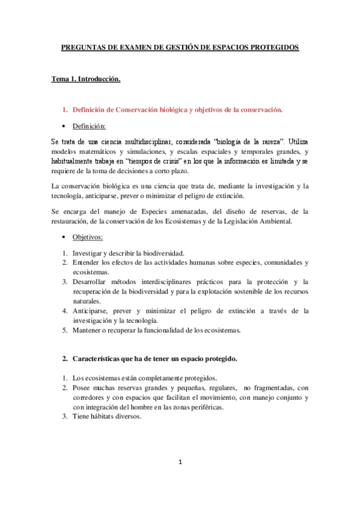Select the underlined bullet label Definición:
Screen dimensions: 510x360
click(89, 126)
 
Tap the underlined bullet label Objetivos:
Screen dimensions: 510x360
click(87, 237)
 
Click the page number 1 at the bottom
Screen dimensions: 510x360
click(180, 462)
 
